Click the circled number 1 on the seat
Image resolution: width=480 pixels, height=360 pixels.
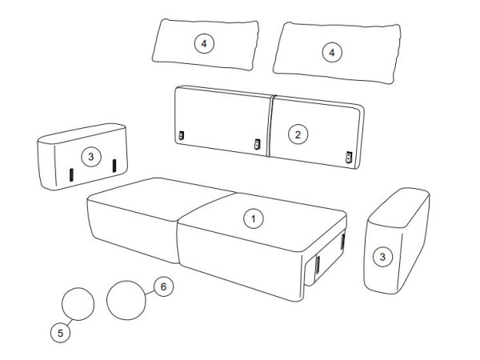click(x=253, y=219)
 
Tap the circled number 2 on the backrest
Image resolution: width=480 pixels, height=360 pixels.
click(x=298, y=134)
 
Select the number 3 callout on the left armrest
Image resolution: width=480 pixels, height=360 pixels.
click(x=91, y=157)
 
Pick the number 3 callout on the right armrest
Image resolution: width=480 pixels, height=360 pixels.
click(x=382, y=257)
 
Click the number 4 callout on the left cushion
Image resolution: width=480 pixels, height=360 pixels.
click(x=204, y=43)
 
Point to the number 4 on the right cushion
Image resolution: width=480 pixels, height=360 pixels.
click(x=332, y=53)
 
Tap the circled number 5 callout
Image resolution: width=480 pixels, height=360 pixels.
click(x=60, y=333)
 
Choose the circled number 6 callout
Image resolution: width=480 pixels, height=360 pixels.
click(x=163, y=286)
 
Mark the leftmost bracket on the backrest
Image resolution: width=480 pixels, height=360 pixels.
click(x=182, y=135)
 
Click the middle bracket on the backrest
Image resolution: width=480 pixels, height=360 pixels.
click(x=257, y=144)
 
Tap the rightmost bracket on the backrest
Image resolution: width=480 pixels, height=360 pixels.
click(x=349, y=157)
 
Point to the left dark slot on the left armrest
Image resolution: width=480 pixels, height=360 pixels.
click(x=71, y=174)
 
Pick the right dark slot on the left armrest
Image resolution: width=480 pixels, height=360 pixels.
click(x=114, y=166)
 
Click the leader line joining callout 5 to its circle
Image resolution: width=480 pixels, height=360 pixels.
click(x=70, y=322)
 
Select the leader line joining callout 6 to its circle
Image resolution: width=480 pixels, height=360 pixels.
click(x=150, y=292)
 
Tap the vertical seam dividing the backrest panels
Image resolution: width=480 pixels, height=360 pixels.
click(x=270, y=126)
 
